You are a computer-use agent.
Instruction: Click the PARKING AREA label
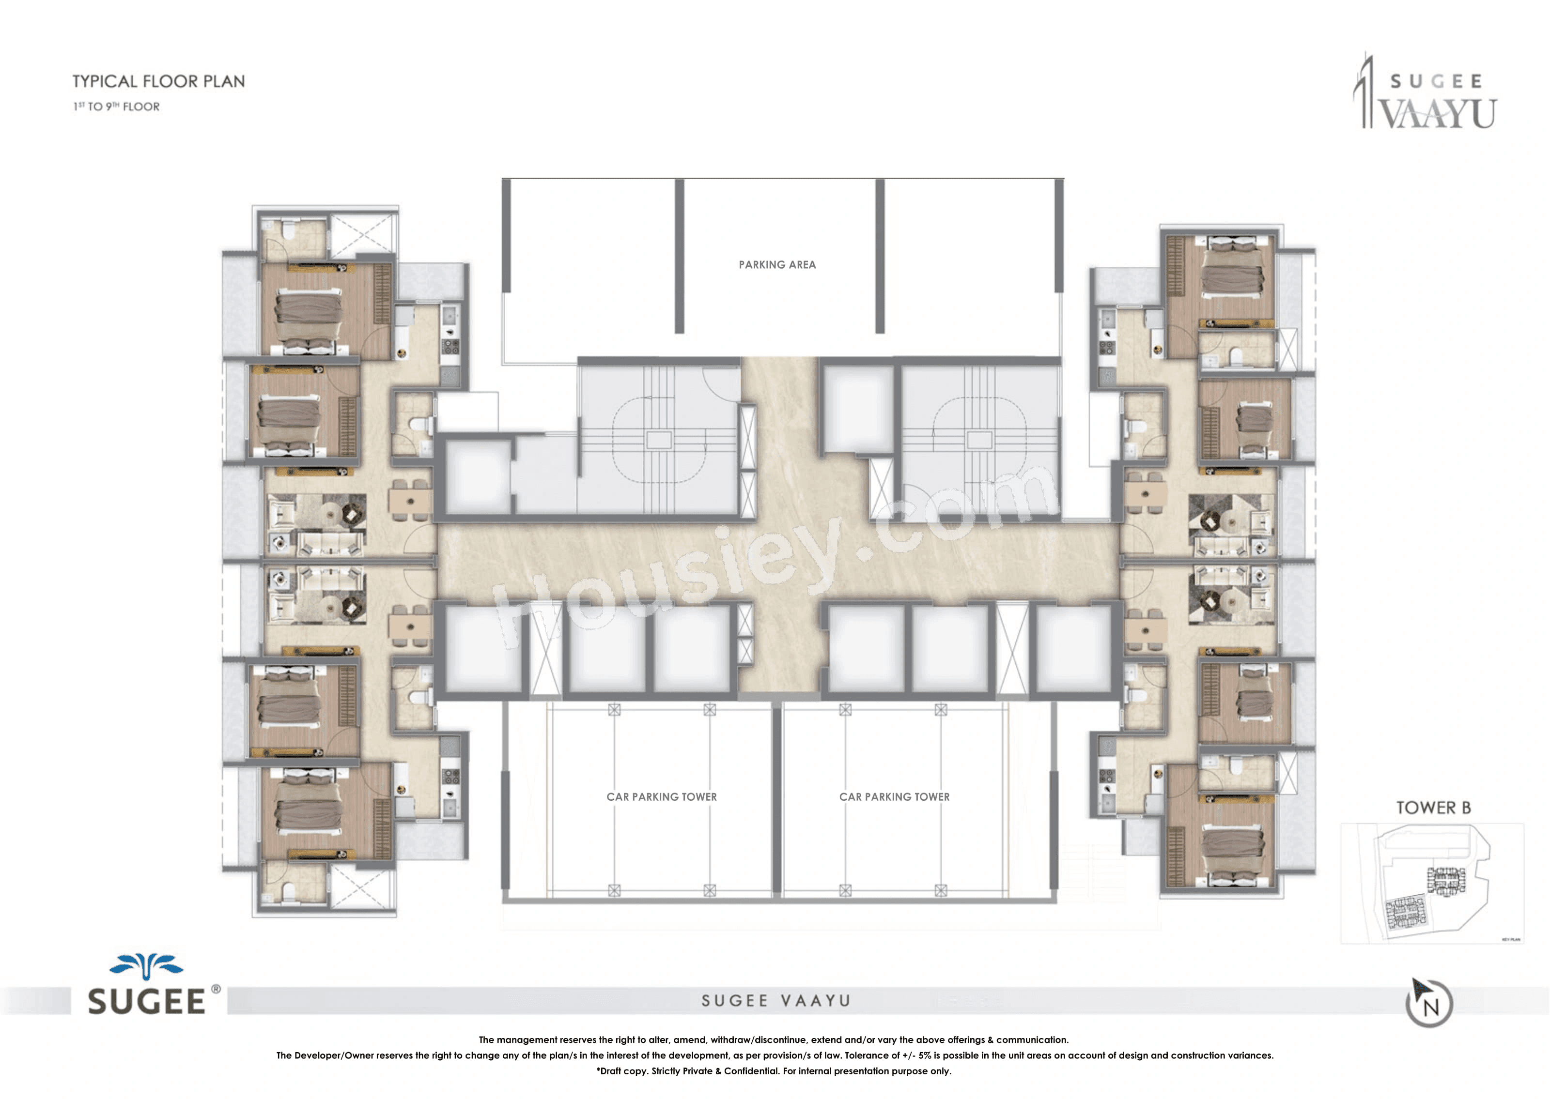(777, 265)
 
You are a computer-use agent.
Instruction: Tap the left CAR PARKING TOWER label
(661, 796)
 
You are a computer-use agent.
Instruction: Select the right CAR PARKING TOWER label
(894, 796)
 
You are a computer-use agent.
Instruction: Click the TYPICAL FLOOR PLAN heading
(158, 81)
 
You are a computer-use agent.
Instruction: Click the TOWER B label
(1433, 808)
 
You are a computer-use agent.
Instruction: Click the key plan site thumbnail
(1431, 883)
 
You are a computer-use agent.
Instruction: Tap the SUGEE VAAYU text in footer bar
(775, 1001)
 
